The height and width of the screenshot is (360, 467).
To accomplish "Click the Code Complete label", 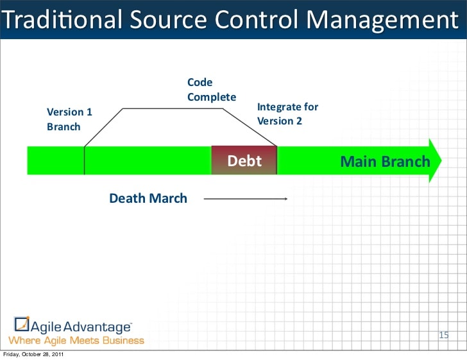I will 211,90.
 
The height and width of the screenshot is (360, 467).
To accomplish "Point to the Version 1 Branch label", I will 69,119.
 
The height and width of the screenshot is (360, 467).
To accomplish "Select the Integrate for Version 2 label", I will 287,114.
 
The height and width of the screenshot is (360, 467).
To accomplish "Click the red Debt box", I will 244,160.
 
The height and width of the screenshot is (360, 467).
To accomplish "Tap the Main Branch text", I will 385,161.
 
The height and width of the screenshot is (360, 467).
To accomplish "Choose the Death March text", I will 148,198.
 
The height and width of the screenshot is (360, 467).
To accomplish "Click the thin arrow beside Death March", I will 245,199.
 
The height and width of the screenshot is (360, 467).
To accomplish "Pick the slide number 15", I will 443,335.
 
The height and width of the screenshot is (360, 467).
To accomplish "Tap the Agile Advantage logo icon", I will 22,325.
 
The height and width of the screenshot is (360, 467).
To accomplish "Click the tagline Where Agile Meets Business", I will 76,340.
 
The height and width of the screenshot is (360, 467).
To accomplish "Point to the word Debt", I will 244,160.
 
